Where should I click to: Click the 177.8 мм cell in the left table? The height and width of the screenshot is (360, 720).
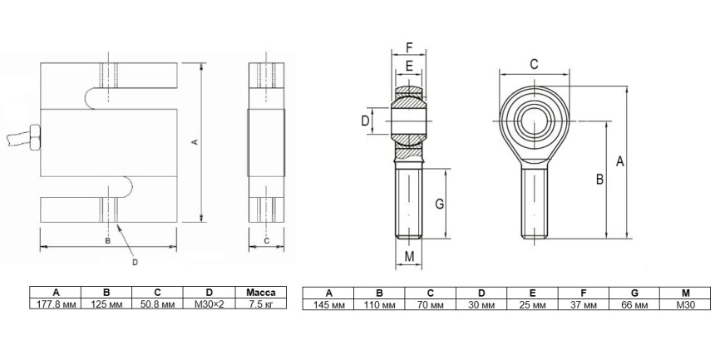pyautogui.click(x=56, y=303)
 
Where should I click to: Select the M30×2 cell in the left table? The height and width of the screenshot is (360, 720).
pyautogui.click(x=209, y=303)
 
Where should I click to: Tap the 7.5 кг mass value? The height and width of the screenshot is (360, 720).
pyautogui.click(x=261, y=303)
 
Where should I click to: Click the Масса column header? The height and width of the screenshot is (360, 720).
pyautogui.click(x=261, y=293)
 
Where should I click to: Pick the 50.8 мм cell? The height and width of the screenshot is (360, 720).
pyautogui.click(x=157, y=303)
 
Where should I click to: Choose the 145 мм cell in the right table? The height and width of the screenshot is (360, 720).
pyautogui.click(x=328, y=304)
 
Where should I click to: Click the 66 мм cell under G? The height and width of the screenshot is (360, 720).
pyautogui.click(x=634, y=304)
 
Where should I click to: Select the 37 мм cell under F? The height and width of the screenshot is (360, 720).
pyautogui.click(x=583, y=304)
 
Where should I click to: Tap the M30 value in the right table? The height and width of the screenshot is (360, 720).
pyautogui.click(x=685, y=304)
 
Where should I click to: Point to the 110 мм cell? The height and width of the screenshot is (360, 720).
pyautogui.click(x=379, y=304)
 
